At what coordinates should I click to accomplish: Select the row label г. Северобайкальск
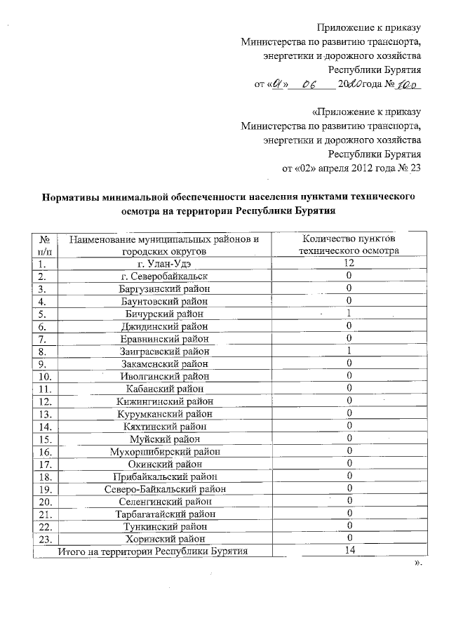coord(165,276)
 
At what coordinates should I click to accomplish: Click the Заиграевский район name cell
coord(165,351)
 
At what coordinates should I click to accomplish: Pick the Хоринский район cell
coord(165,539)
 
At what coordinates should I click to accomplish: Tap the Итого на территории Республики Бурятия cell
coord(154,551)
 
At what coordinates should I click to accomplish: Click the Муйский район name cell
coord(165,439)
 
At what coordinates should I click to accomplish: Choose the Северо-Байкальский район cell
coord(165,488)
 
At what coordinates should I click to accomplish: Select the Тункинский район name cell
coord(165,526)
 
